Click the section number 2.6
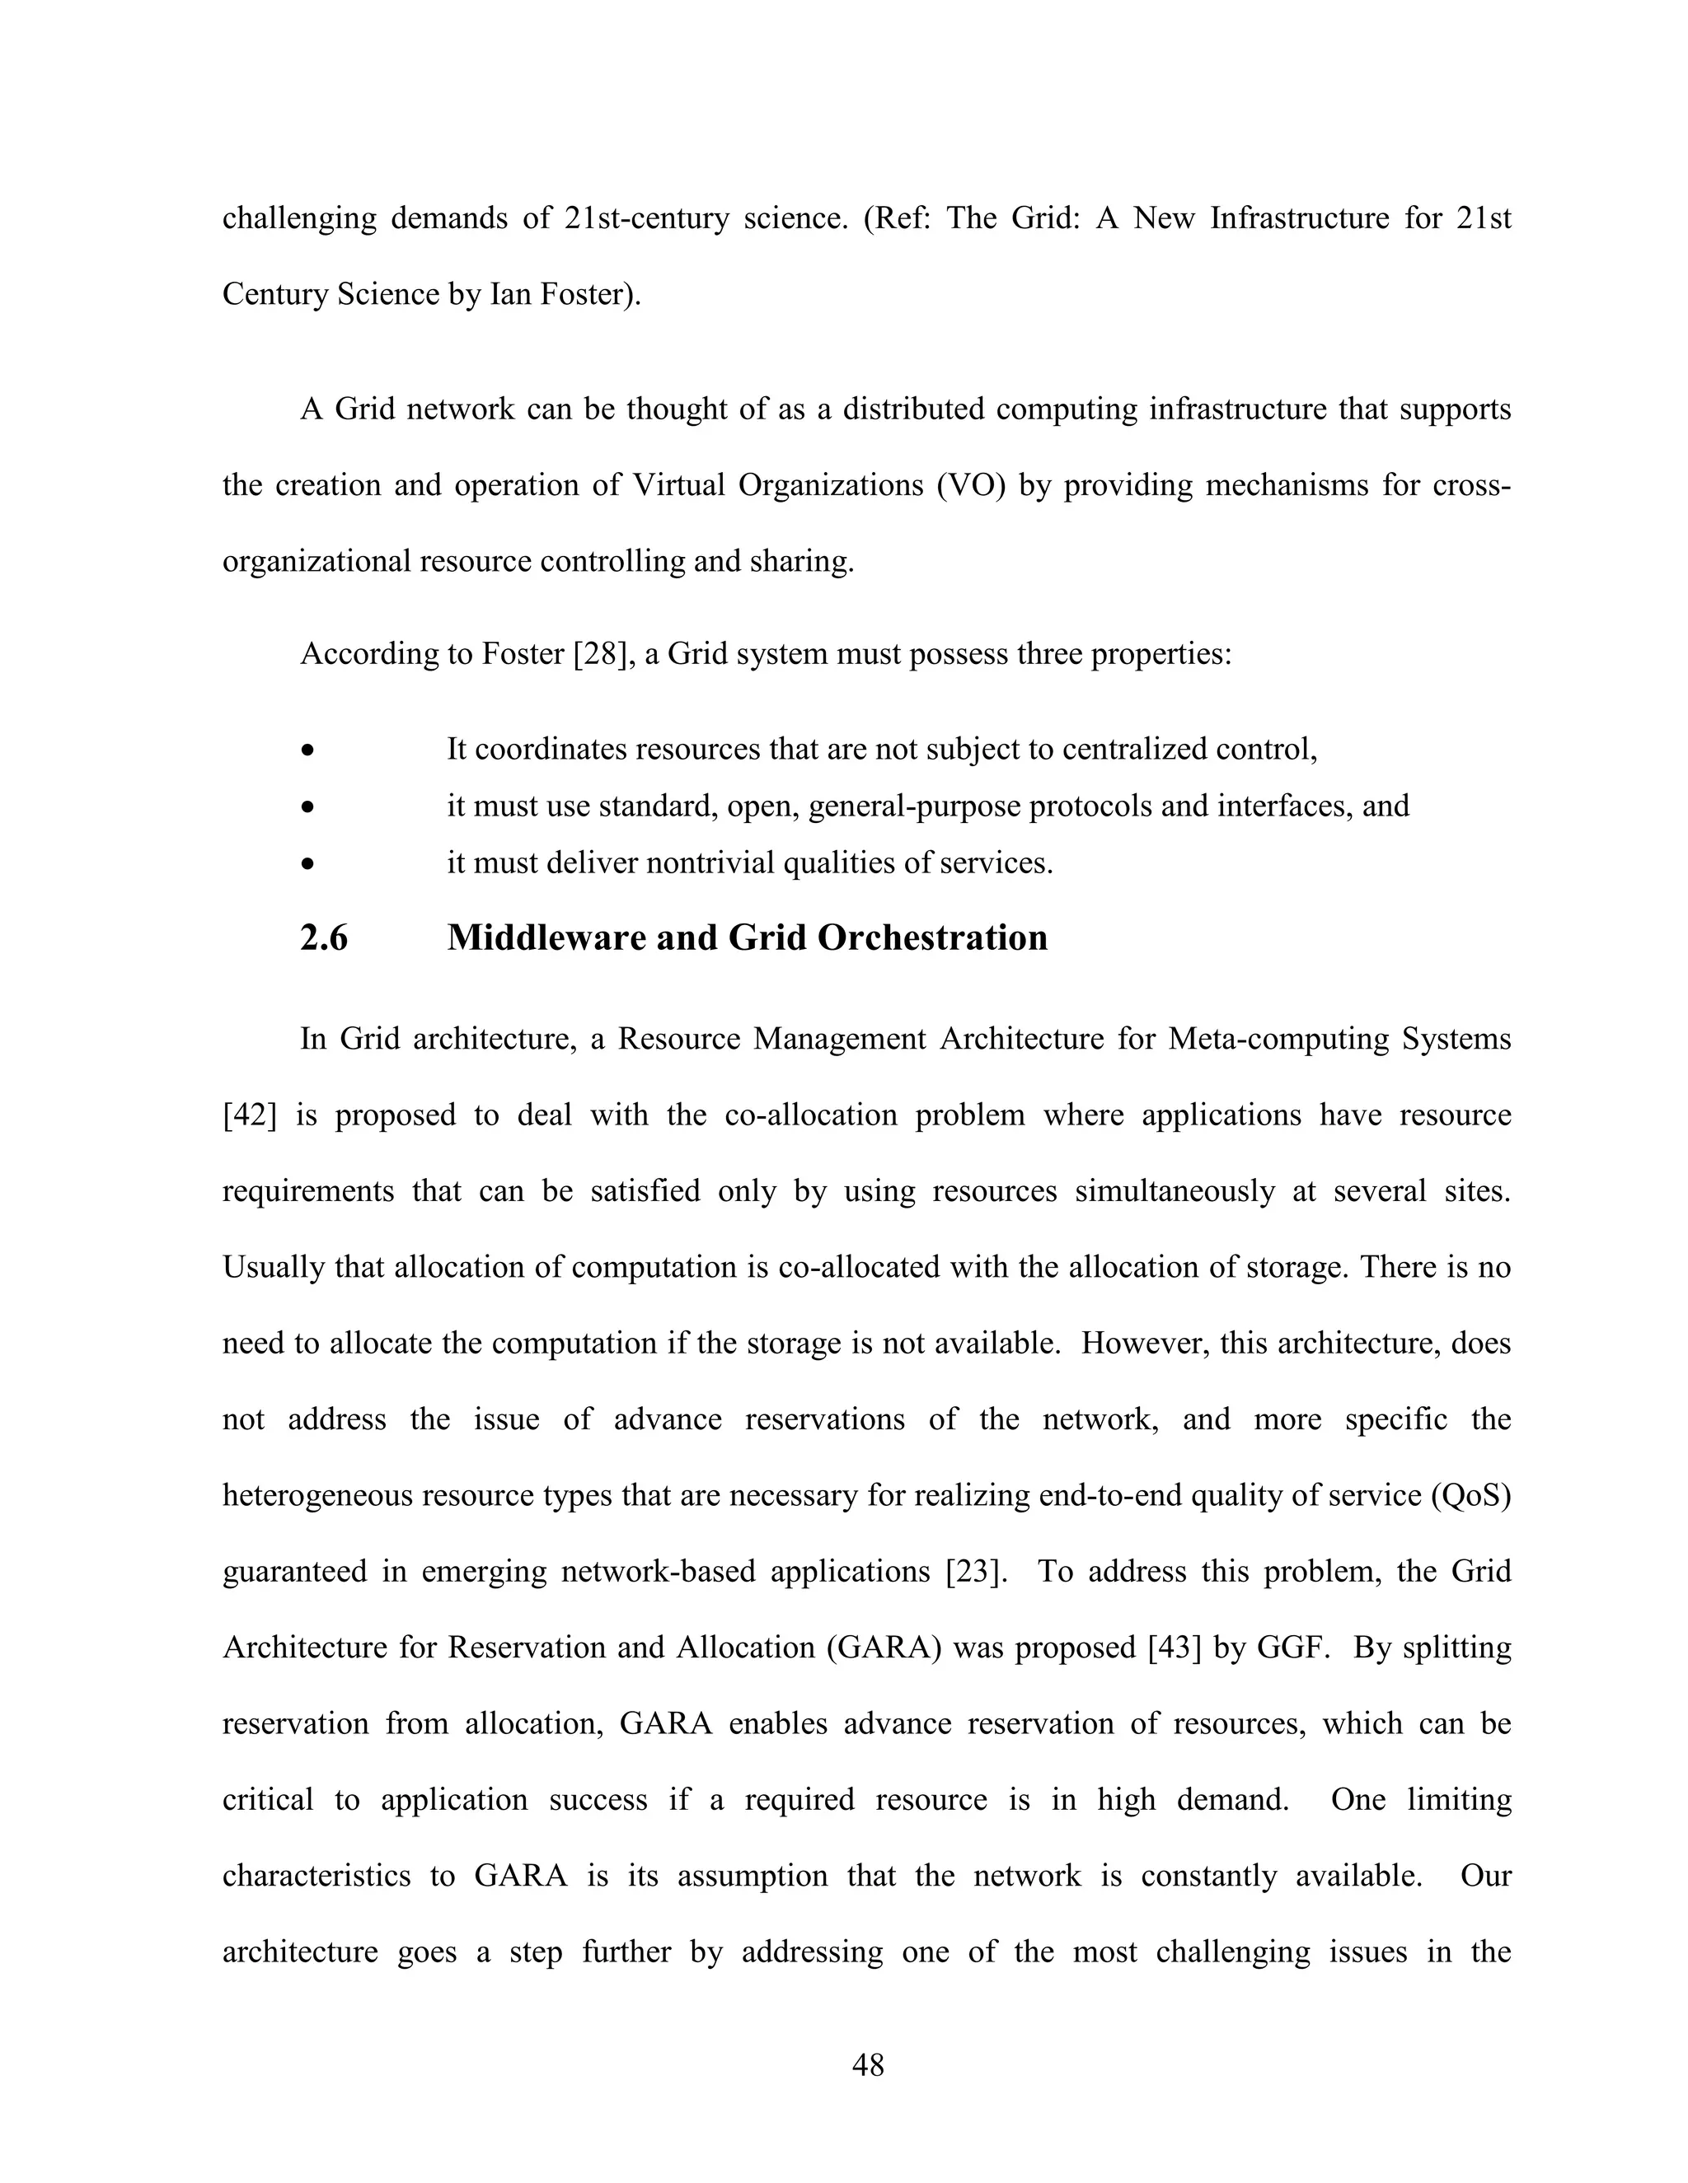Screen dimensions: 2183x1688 coord(324,937)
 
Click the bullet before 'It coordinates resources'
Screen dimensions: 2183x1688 coord(309,750)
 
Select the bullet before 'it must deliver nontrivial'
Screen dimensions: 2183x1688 coord(309,862)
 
